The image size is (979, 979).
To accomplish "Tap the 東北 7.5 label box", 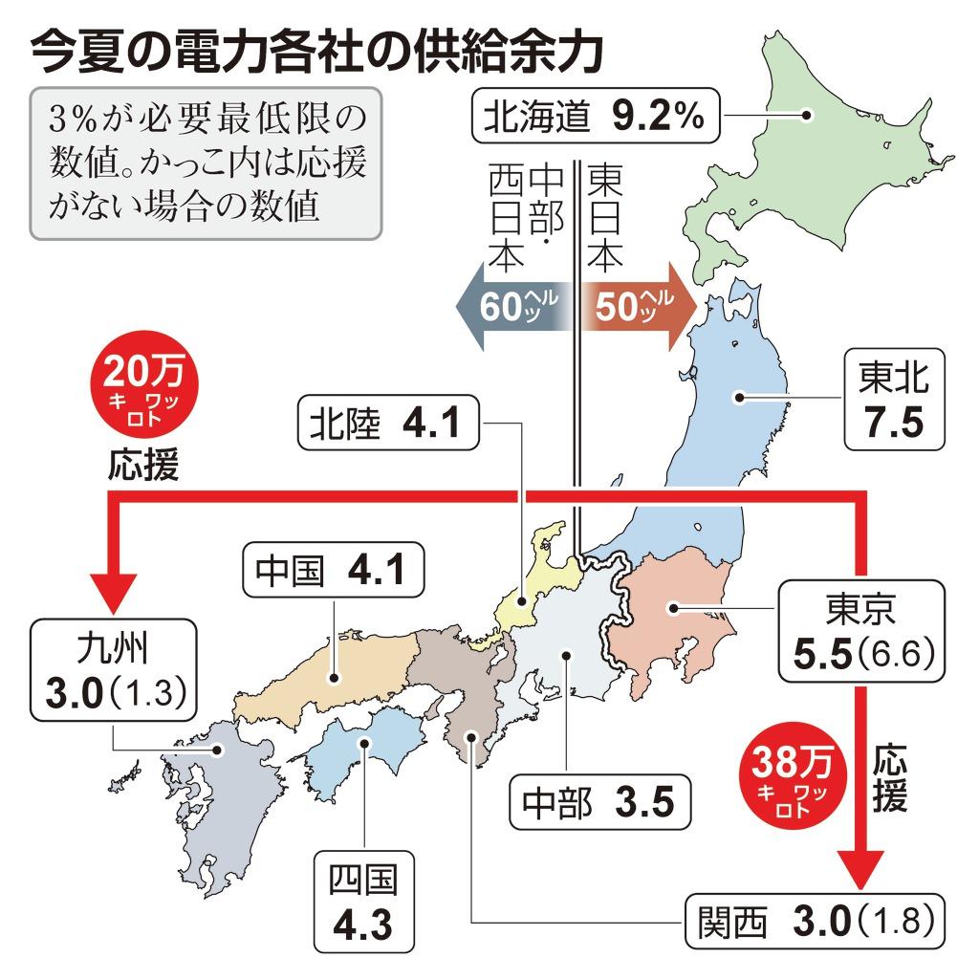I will click(893, 400).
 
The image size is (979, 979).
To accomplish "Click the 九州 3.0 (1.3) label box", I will click(114, 669).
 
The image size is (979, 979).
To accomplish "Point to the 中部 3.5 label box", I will click(598, 801).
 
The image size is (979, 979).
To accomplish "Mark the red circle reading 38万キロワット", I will click(799, 778).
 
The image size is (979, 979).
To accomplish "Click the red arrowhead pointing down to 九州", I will click(113, 585).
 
